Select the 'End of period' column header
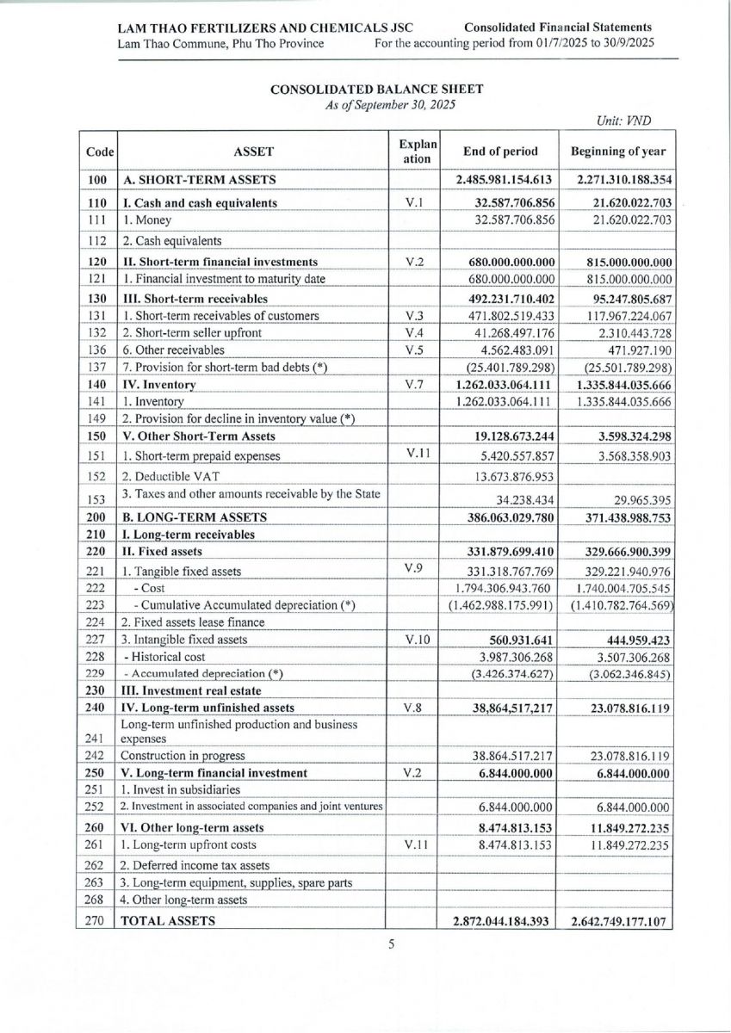click(x=500, y=152)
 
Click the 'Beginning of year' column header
click(x=617, y=152)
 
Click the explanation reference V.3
click(x=414, y=316)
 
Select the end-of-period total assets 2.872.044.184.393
click(x=501, y=921)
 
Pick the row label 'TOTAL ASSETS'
click(x=168, y=920)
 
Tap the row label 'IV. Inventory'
click(x=160, y=384)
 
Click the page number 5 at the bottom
click(x=391, y=944)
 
